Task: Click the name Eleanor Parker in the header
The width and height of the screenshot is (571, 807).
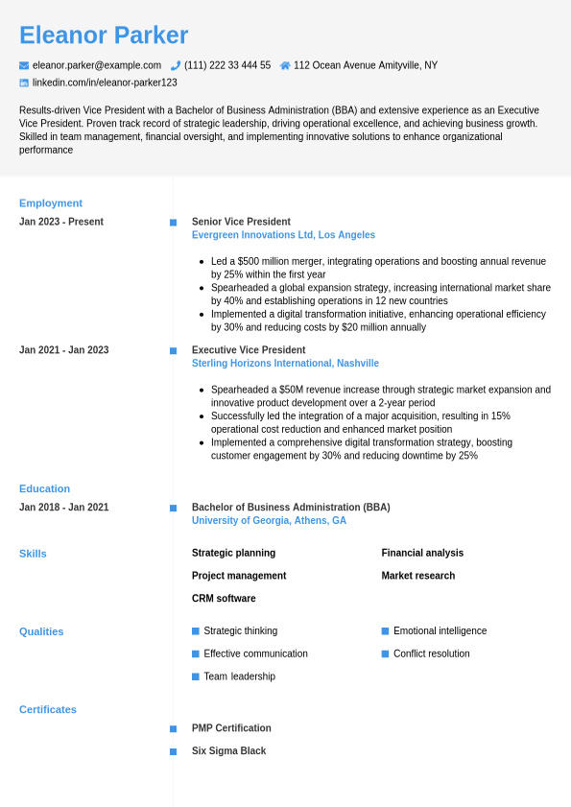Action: point(104,36)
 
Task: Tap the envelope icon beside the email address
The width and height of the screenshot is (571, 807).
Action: point(24,65)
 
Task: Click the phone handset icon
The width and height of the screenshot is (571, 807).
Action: point(176,65)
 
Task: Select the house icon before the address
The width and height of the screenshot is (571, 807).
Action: point(285,65)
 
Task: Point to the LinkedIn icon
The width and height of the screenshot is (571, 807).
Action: point(24,83)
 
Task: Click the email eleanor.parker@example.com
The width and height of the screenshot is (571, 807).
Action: point(97,65)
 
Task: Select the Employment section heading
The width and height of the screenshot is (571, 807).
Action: point(51,203)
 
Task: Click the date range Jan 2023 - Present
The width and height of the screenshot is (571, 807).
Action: point(61,222)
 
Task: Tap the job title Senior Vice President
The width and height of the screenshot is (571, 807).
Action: point(241,222)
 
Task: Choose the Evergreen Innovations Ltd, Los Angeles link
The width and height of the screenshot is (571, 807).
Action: point(283,235)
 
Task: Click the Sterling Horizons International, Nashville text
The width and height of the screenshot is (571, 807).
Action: point(285,364)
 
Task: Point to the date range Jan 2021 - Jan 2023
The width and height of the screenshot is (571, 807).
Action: point(64,350)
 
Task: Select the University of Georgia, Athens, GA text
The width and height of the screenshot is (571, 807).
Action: point(269,521)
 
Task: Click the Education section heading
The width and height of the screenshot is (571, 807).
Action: point(44,488)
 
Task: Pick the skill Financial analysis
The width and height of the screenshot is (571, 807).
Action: point(422,553)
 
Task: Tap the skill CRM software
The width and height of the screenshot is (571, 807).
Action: point(224,599)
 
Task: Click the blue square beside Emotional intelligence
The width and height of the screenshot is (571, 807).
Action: point(385,631)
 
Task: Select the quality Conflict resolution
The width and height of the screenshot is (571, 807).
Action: point(432,653)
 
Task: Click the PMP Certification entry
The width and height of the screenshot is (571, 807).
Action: point(231,728)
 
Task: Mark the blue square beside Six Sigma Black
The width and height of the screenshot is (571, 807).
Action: point(174,751)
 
